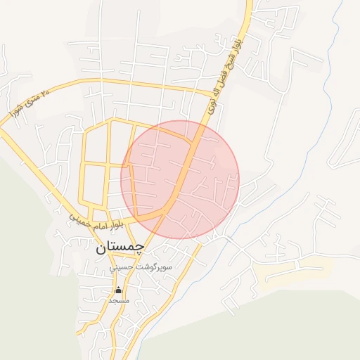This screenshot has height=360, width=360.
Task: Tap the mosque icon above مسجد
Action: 118,290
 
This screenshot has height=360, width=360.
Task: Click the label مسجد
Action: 118,300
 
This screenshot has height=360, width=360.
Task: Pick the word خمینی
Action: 82,219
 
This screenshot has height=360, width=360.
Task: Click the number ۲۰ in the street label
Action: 47,91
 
